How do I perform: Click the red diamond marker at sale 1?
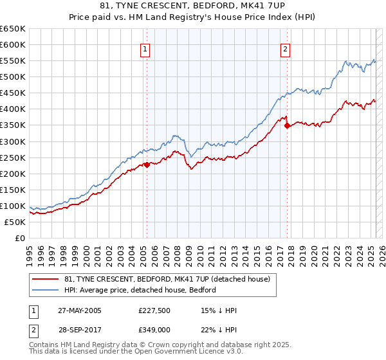tap(147, 165)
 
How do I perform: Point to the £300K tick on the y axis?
tap(14, 141)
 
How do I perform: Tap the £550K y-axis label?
tap(14, 60)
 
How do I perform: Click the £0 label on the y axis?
tap(20, 238)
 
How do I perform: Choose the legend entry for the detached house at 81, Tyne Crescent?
tap(170, 279)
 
